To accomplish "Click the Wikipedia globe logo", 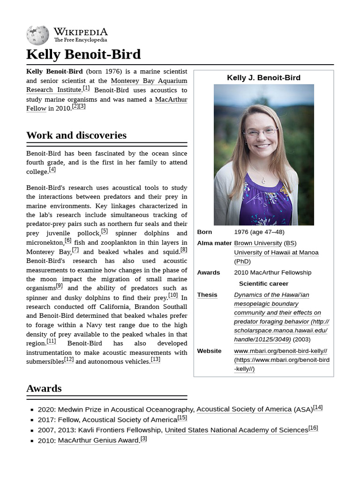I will (37, 35).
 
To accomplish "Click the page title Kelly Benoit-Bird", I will (83, 54).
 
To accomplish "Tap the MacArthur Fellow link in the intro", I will (171, 99).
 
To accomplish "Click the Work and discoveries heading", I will (76, 135).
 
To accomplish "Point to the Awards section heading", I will (44, 389).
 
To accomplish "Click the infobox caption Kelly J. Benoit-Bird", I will (263, 78).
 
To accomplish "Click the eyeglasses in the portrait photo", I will (261, 132).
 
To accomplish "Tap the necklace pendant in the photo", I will (263, 180).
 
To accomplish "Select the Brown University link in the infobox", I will (258, 243).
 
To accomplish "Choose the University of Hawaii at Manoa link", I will (276, 253).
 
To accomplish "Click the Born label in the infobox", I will (204, 232).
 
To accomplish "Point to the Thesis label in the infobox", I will (207, 295).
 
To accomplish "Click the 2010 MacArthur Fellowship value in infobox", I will (272, 272).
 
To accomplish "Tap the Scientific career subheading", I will (263, 284).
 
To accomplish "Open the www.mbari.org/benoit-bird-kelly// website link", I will (280, 351).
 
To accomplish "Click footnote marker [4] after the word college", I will (52, 170).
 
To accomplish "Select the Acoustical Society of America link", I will (244, 409).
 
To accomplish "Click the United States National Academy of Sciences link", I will (236, 430).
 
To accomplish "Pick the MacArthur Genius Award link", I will (98, 441).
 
